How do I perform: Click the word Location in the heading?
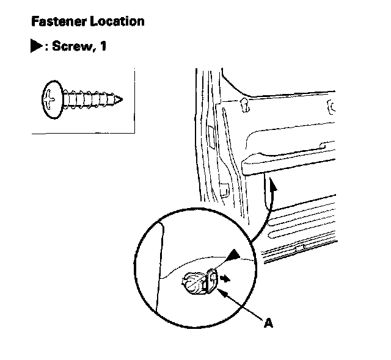coord(120,21)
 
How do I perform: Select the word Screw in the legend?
coord(71,46)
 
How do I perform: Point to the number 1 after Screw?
coord(104,46)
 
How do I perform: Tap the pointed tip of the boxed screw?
coord(124,98)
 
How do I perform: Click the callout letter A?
coord(267,323)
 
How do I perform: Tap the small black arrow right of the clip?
coord(226,278)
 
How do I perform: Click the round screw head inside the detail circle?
coord(191,281)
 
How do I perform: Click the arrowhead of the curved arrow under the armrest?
coord(273,190)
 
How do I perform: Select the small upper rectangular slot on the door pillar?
coord(211,134)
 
